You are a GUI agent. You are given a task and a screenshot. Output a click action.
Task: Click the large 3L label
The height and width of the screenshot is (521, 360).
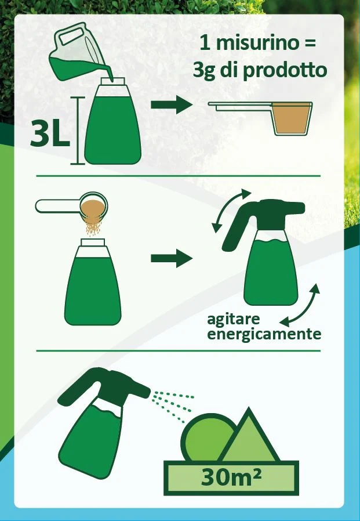point(50,133)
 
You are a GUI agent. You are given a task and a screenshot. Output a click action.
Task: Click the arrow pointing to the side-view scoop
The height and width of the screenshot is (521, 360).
point(172,104)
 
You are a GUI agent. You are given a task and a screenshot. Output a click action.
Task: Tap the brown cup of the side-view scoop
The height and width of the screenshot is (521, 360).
point(292,118)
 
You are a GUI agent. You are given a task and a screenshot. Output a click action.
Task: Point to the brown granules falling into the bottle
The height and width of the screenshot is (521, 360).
point(93,227)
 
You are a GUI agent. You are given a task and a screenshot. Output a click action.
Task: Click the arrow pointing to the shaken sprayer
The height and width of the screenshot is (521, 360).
point(172,258)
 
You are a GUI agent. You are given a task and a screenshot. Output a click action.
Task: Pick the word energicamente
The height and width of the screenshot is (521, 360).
point(264,334)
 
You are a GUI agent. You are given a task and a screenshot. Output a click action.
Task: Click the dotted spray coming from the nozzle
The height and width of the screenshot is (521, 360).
point(172,406)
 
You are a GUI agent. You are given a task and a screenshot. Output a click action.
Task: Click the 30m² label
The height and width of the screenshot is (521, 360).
point(231,477)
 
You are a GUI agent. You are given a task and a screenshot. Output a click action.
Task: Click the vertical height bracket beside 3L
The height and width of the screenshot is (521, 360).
point(78,131)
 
